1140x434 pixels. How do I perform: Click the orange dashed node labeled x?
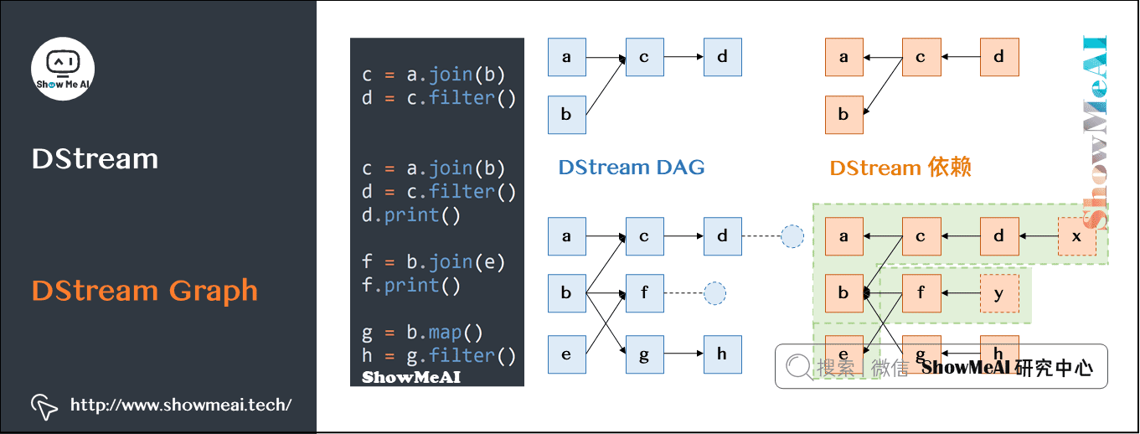tap(1076, 236)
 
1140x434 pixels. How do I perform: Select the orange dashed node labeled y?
tap(999, 294)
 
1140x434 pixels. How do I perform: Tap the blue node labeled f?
tap(644, 294)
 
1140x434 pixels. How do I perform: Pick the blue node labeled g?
tap(644, 354)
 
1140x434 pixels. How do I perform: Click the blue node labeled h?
tap(722, 354)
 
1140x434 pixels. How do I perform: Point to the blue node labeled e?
tap(566, 354)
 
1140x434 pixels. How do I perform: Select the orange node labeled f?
tap(921, 294)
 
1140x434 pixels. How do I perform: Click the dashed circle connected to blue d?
tap(792, 236)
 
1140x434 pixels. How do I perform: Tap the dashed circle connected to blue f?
tap(714, 294)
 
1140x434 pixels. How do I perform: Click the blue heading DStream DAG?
tap(631, 168)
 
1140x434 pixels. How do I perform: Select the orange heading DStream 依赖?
tap(900, 168)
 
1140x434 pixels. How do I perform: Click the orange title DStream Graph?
tap(144, 291)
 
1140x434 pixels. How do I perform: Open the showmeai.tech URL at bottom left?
tap(181, 406)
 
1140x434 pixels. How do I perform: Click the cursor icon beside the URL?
tap(44, 406)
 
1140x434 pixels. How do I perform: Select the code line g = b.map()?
tap(422, 333)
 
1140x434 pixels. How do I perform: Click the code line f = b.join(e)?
tap(433, 262)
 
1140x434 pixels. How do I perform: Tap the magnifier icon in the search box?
tap(798, 366)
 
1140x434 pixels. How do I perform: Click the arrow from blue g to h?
tap(683, 354)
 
